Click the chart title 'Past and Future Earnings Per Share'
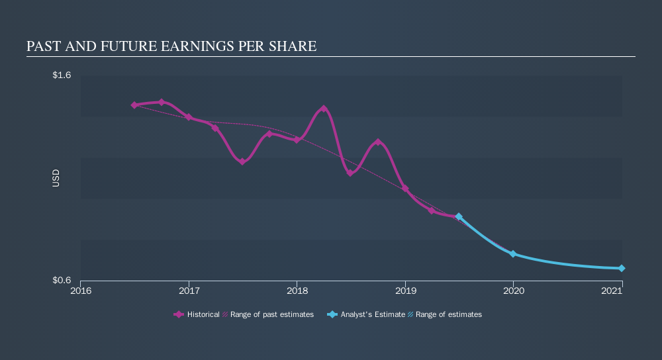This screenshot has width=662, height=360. tap(171, 46)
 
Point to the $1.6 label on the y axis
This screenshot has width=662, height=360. tap(62, 75)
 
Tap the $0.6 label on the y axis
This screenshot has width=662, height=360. tap(62, 281)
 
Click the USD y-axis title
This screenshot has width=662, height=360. tap(56, 178)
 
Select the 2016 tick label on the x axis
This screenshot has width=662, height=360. tap(81, 291)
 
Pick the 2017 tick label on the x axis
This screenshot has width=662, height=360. tap(189, 291)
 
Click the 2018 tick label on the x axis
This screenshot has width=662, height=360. tap(297, 291)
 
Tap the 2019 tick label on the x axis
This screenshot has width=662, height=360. tap(405, 291)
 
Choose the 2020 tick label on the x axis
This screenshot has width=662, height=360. tap(513, 291)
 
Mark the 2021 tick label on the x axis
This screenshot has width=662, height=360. tap(621, 291)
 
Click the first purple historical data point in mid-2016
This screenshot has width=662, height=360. tap(134, 105)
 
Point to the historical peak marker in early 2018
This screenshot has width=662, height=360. tap(324, 109)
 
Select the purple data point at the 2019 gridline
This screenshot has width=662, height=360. tap(405, 189)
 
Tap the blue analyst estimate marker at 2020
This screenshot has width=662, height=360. tap(513, 254)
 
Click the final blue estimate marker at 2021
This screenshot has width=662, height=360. tap(622, 268)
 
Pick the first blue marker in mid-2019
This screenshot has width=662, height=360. tap(459, 217)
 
